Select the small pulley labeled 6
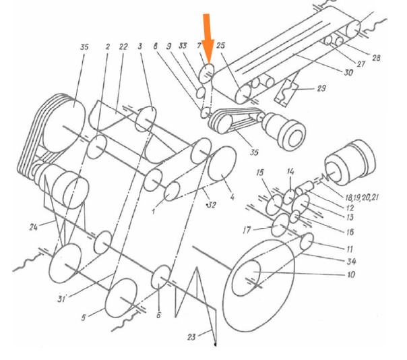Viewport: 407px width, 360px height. (161, 276)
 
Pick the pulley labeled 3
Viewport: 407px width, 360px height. (146, 119)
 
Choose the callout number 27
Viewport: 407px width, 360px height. (361, 65)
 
